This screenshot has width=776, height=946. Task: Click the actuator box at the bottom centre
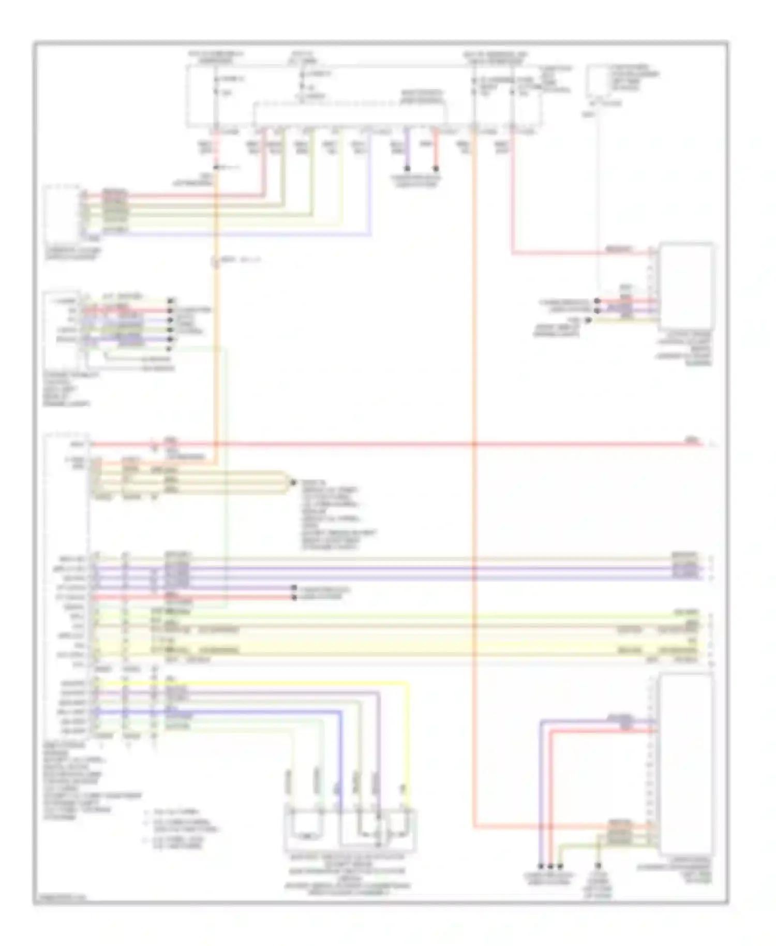click(x=350, y=829)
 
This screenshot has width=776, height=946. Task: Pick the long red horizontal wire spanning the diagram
click(x=393, y=444)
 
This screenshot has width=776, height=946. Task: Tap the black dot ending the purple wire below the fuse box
click(x=407, y=169)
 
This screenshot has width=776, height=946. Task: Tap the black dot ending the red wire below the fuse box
click(x=436, y=169)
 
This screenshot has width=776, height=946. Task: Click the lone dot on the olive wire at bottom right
click(x=599, y=866)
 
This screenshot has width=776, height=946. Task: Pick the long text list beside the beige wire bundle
click(x=331, y=518)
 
